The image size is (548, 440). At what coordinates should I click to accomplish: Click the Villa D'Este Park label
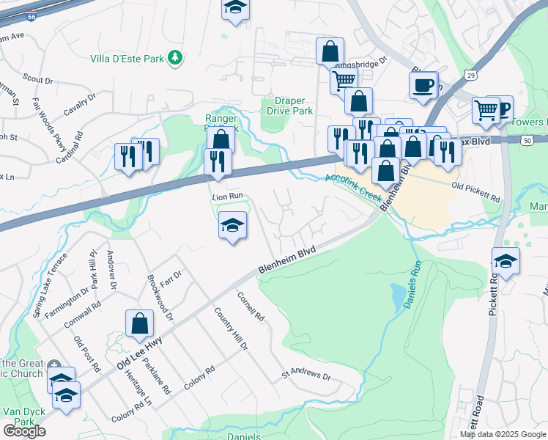point(126,58)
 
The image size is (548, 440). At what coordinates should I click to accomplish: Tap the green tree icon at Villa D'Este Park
point(174,57)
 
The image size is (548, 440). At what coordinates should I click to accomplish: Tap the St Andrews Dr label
point(307,375)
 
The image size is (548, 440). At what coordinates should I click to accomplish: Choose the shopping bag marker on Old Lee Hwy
point(139,323)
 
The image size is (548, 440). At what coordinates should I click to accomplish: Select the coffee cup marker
point(423,84)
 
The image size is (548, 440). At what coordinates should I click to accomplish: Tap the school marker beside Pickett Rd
point(506,260)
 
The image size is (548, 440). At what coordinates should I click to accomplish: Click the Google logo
point(24,430)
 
